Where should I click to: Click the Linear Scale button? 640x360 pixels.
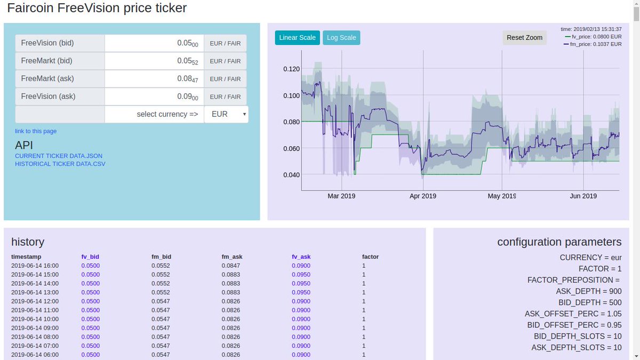[298, 38]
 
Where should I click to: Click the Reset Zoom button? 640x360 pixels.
[524, 38]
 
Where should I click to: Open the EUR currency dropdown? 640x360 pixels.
[226, 114]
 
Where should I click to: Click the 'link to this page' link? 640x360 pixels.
[36, 131]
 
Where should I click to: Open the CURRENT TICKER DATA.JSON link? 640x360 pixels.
[59, 156]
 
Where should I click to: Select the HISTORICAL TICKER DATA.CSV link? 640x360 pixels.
[60, 164]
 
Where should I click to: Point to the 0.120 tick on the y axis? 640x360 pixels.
[291, 69]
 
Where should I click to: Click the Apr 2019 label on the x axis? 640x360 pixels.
[423, 196]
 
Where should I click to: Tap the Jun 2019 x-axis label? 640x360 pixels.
[583, 196]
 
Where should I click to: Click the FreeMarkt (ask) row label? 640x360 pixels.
[47, 79]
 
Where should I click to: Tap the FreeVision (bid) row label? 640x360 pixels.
[47, 43]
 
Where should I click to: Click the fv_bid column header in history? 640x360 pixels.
[90, 257]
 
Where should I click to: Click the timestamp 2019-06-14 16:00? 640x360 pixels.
[35, 266]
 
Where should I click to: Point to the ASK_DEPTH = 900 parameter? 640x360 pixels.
[589, 291]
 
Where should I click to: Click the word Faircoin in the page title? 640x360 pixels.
[34, 9]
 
